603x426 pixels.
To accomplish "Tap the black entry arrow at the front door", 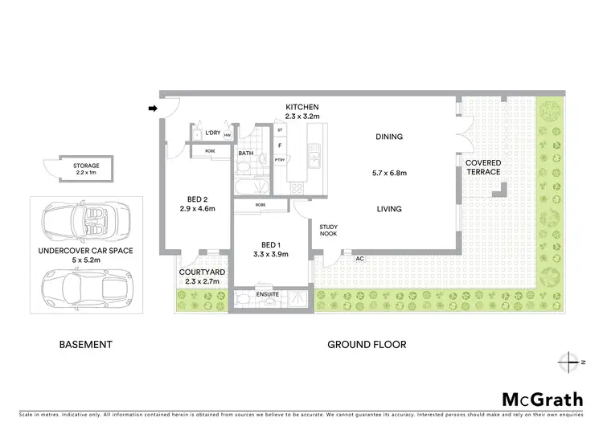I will [x=153, y=107].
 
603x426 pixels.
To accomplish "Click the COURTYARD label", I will [x=202, y=272].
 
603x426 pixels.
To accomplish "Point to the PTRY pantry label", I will [x=280, y=160].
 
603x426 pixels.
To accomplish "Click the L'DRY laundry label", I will [x=213, y=133].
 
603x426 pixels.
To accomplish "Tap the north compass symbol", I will [x=572, y=360].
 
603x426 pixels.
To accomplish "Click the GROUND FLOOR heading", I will [x=366, y=344].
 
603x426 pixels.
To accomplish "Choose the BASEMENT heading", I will [x=86, y=344].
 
